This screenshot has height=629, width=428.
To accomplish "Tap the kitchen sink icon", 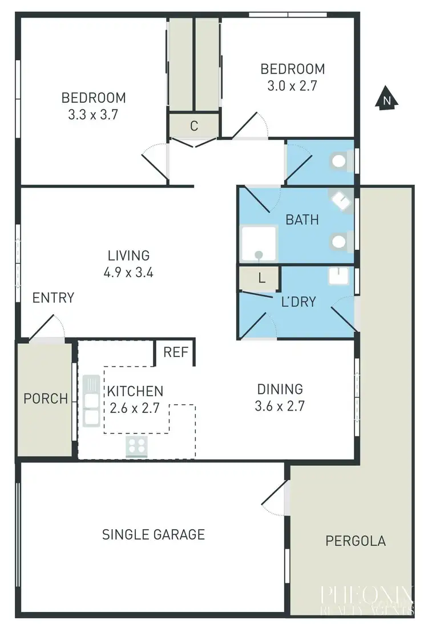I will click(91, 400).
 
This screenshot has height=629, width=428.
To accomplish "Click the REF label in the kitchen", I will click(176, 352).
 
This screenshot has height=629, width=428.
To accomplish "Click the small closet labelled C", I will click(194, 126).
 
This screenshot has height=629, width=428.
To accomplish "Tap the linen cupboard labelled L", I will click(261, 279).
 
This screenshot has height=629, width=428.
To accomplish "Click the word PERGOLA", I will click(356, 541).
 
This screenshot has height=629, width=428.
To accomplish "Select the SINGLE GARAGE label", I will click(154, 534).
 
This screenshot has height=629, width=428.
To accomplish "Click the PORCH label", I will click(46, 399).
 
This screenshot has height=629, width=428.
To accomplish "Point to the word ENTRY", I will click(53, 298).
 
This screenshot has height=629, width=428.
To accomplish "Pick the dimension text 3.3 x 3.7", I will click(93, 114).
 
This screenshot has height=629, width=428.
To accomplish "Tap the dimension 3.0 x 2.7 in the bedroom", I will click(292, 86).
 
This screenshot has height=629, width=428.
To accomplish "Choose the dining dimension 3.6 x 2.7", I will click(280, 407).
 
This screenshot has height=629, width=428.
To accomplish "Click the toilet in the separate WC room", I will click(340, 161).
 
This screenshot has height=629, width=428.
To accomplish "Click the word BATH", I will click(302, 220).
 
